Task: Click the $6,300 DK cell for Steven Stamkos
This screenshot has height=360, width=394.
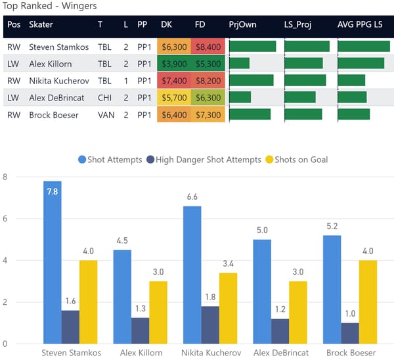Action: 174,47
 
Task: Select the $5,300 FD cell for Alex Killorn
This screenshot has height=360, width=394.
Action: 208,64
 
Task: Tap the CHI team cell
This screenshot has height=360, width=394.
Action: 100,97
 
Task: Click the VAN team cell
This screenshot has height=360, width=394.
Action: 100,114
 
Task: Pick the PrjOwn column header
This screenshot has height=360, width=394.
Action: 242,24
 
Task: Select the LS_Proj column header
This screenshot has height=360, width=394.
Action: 299,24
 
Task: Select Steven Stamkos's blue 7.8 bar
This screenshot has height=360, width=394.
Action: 53,263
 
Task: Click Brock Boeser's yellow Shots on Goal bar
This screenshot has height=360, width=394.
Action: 368,302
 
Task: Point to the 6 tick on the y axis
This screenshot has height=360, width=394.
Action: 5,219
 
